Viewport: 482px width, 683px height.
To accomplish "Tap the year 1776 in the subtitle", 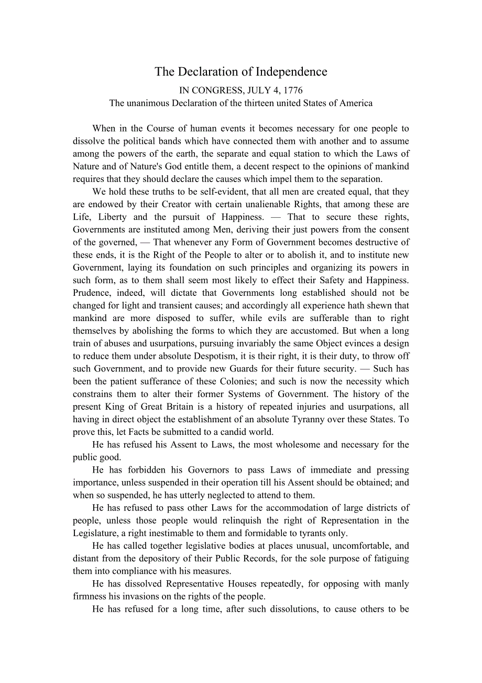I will click(x=293, y=90).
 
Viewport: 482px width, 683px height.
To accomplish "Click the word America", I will click(x=356, y=103).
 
